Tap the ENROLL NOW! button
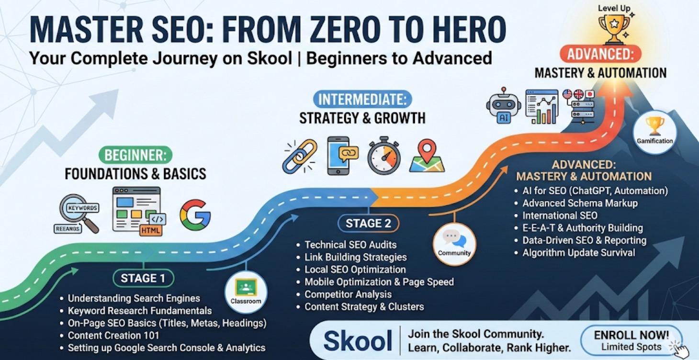[631, 340]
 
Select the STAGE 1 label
[144, 278]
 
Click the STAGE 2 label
[368, 223]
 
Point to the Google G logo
[195, 215]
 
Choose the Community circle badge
[454, 243]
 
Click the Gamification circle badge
[654, 131]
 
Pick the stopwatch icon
[383, 156]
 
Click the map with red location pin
[427, 156]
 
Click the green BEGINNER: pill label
[135, 155]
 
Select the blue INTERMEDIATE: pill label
[362, 99]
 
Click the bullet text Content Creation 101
[113, 336]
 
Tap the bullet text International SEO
[560, 215]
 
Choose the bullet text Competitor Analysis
[348, 294]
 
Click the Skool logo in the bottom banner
[358, 341]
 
